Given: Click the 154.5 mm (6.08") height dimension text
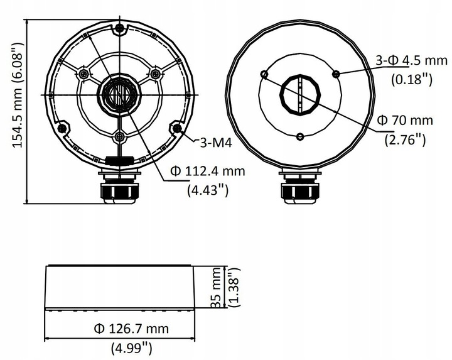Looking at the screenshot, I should click(17, 95).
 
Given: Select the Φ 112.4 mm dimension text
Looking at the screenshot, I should click(207, 172).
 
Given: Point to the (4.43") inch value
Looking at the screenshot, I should click(207, 190).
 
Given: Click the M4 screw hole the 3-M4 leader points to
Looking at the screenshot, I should click(177, 128).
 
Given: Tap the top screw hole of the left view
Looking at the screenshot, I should click(119, 28).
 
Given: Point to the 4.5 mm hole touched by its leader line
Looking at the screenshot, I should click(336, 74).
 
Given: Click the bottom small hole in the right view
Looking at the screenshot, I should click(300, 136).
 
